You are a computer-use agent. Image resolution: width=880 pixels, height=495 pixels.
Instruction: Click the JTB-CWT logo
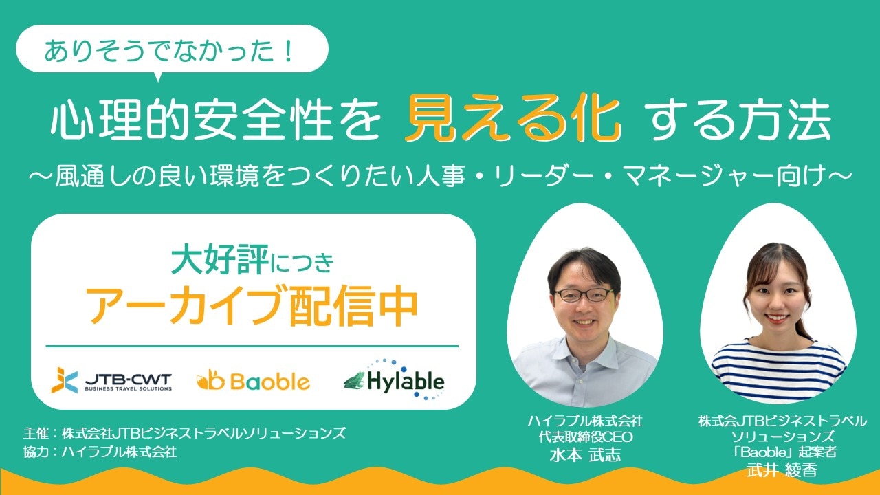111,380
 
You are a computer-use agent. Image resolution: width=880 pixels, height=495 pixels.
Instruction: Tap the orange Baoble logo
254,380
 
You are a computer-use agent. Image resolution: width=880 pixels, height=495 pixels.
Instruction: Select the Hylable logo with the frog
394,379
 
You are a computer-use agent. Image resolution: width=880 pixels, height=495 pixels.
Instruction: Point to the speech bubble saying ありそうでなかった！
172,49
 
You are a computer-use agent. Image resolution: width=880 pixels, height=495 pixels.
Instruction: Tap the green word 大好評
220,259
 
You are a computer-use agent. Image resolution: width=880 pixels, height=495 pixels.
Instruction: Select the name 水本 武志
585,455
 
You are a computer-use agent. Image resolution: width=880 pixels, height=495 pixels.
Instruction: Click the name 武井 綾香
782,470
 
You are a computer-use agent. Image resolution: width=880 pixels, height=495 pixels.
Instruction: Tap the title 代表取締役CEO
586,437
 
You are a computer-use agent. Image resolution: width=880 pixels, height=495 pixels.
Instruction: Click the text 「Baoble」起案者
782,452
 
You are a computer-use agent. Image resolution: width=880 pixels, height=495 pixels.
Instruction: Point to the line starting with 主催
185,433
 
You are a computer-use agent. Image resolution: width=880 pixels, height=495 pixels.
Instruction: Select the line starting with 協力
100,452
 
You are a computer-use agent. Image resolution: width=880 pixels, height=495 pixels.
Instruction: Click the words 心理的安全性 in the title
192,120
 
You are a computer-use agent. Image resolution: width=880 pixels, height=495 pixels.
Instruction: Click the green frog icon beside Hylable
355,380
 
